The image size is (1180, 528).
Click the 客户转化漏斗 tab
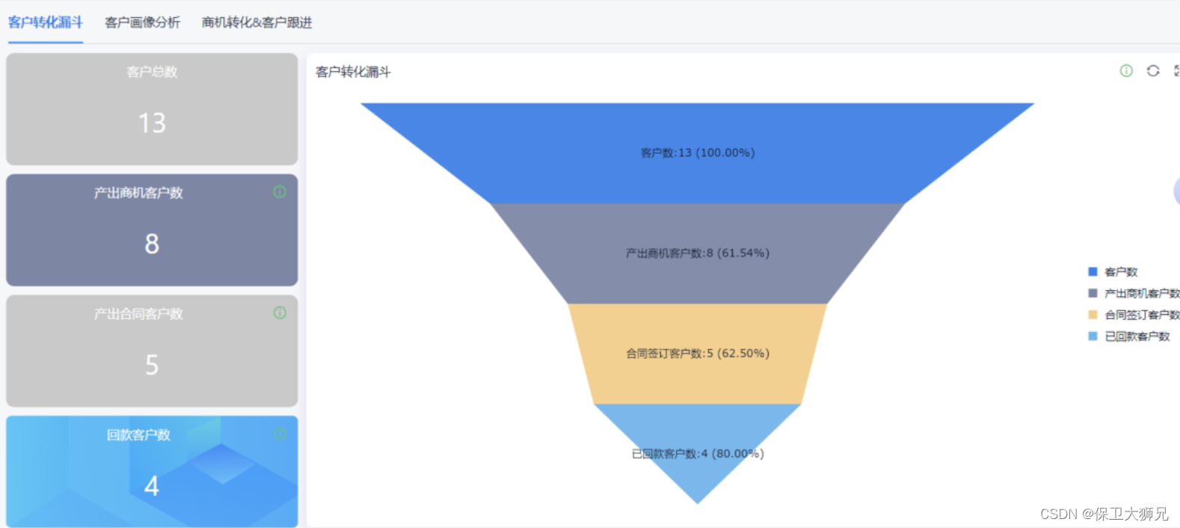click(45, 22)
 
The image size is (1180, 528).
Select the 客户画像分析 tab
click(142, 22)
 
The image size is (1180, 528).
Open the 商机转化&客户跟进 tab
click(256, 22)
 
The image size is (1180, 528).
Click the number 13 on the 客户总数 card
click(152, 123)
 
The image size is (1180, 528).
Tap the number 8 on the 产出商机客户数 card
click(152, 244)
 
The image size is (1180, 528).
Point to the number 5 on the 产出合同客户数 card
click(152, 365)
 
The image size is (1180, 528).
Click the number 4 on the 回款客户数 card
click(152, 486)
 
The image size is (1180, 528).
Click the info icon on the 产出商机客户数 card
click(280, 192)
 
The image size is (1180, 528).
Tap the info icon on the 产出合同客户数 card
click(280, 313)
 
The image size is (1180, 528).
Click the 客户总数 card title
click(152, 72)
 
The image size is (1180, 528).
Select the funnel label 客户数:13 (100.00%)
click(698, 153)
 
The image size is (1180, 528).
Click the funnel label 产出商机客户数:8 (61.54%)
click(698, 253)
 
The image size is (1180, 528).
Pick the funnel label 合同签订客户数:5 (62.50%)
click(698, 353)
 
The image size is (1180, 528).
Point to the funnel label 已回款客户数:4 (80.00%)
click(698, 453)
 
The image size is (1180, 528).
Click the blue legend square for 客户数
click(1093, 271)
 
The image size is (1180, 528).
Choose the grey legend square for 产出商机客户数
click(1093, 293)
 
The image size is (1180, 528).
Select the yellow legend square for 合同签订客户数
click(1093, 315)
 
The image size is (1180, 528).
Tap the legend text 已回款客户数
click(1137, 337)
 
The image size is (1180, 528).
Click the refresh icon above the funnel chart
click(1153, 70)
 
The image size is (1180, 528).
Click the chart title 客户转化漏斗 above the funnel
click(353, 72)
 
